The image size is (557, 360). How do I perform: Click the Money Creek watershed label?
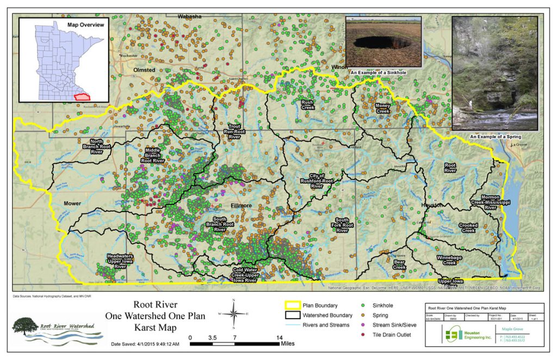pyautogui.click(x=382, y=108)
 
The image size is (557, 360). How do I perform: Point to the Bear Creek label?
pyautogui.click(x=399, y=265)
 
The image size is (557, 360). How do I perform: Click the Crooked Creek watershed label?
pyautogui.click(x=468, y=227)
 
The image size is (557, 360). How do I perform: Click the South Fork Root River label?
pyautogui.click(x=342, y=225)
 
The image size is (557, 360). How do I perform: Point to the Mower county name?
pyautogui.click(x=73, y=203)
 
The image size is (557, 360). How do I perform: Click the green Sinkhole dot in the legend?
pyautogui.click(x=363, y=306)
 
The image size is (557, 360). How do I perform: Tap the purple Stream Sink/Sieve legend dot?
pyautogui.click(x=363, y=325)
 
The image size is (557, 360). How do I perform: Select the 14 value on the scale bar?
pyautogui.click(x=279, y=338)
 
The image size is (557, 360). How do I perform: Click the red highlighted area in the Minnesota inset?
pyautogui.click(x=81, y=96)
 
